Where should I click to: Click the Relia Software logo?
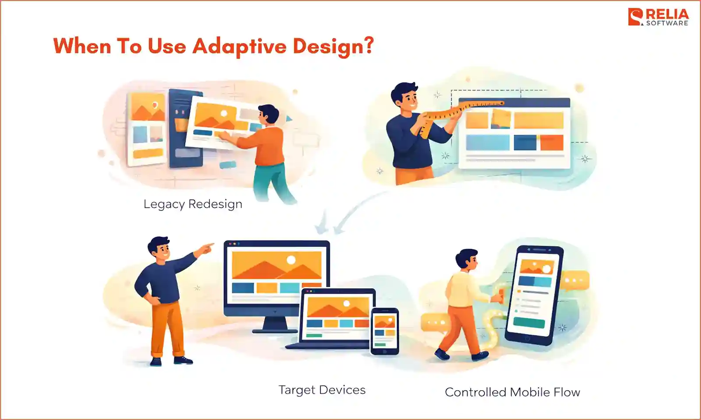pyautogui.click(x=658, y=17)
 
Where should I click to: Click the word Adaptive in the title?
pyautogui.click(x=239, y=46)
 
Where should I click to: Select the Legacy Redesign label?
pyautogui.click(x=193, y=204)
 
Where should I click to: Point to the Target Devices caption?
pyautogui.click(x=322, y=390)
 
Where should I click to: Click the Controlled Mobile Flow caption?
pyautogui.click(x=512, y=392)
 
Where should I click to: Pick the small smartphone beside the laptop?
pyautogui.click(x=385, y=331)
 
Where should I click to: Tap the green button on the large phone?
pyautogui.click(x=529, y=323)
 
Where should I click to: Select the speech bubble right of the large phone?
pyautogui.click(x=574, y=280)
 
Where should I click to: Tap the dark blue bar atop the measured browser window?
pyautogui.click(x=515, y=103)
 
